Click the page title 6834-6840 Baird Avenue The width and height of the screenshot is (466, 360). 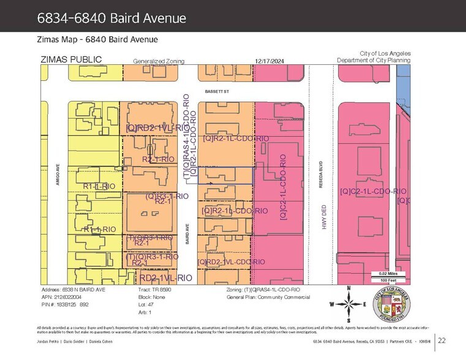point(111,18)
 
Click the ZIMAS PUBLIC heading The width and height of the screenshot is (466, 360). point(71,60)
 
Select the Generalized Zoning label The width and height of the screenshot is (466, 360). point(159,61)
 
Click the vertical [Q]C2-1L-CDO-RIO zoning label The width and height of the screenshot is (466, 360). point(283,187)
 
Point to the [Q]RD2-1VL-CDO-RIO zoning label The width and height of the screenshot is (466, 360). point(231,262)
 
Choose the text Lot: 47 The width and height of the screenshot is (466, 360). point(145,304)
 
